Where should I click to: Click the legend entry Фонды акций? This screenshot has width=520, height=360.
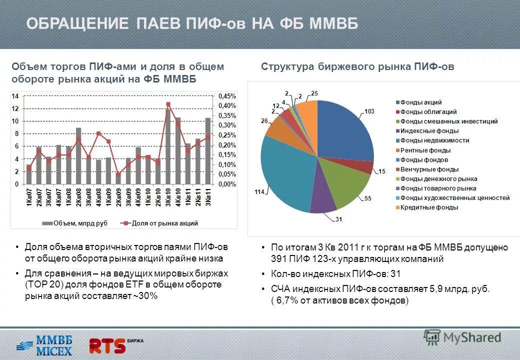(420, 102)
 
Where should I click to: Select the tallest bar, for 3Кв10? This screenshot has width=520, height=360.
(168, 145)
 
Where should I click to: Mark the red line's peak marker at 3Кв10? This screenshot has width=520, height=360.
(168, 104)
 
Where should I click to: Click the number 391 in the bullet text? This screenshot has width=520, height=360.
(278, 259)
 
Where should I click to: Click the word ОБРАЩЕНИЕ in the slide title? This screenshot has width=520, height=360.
(77, 23)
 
